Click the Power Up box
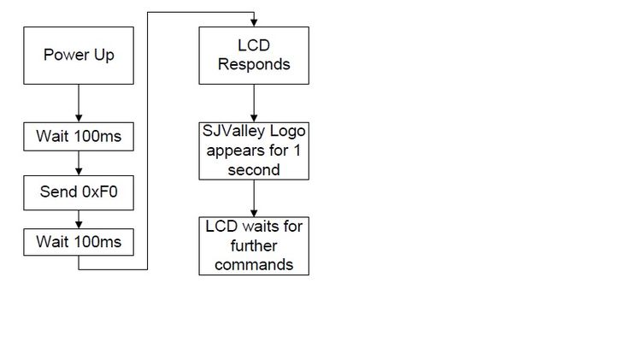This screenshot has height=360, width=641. (x=79, y=56)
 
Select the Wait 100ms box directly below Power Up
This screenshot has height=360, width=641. (x=79, y=137)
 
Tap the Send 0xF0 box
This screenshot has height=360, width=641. (x=79, y=192)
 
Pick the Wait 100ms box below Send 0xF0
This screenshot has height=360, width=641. (x=79, y=242)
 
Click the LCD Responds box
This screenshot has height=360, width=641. (x=254, y=56)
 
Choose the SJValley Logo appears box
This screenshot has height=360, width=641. (x=254, y=151)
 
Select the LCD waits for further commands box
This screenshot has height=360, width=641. (x=254, y=246)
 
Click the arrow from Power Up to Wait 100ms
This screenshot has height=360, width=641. (x=79, y=103)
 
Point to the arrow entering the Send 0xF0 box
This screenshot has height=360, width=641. (x=79, y=163)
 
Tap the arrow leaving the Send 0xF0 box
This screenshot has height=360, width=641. (x=79, y=219)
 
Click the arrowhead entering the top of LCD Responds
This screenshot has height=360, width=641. (x=254, y=22)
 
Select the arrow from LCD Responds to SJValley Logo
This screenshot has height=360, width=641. (x=254, y=103)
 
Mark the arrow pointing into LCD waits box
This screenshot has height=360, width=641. (x=254, y=198)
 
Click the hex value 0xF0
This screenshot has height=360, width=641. (x=100, y=192)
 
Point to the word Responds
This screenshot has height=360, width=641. (x=254, y=65)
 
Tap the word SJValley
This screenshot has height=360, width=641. (x=234, y=132)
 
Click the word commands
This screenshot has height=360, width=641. (x=254, y=265)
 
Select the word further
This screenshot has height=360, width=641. (x=254, y=246)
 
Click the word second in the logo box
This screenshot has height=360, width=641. (x=254, y=170)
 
